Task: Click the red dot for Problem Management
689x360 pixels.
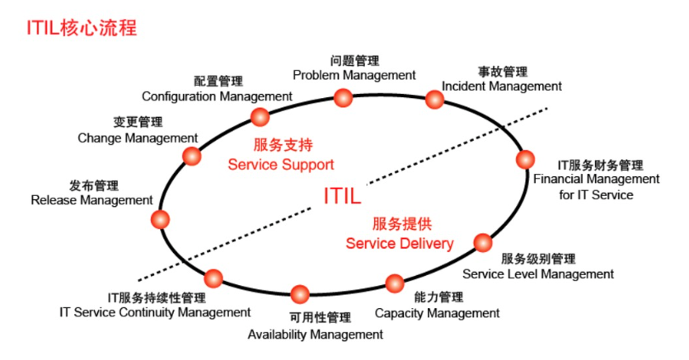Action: point(343,97)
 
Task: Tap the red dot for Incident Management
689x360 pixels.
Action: point(434,100)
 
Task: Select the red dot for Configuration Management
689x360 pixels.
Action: point(260,117)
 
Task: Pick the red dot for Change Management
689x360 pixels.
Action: point(191,156)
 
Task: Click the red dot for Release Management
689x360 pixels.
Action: point(160,219)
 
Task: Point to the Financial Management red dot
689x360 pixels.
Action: point(525,159)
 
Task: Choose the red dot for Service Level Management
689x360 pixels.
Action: point(483,242)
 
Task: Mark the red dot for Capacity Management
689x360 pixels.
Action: point(395,283)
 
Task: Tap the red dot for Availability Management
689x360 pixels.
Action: point(300,294)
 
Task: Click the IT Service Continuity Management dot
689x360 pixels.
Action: point(213,278)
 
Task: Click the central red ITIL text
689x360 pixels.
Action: point(342,196)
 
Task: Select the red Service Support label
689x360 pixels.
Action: point(281,165)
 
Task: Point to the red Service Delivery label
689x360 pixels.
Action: point(400,243)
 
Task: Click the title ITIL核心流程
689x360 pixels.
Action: point(82,28)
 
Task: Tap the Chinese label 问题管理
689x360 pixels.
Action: point(354,61)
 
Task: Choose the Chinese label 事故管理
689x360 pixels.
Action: point(503,72)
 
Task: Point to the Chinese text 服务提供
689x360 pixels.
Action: point(402,224)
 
